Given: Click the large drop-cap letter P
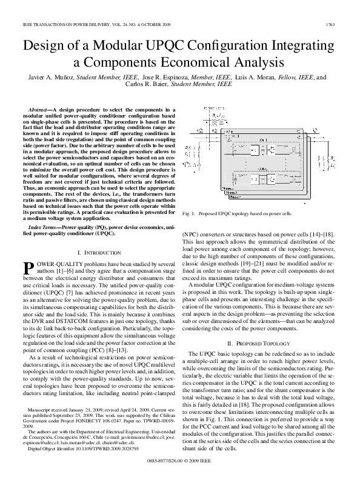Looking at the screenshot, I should (28, 268).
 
